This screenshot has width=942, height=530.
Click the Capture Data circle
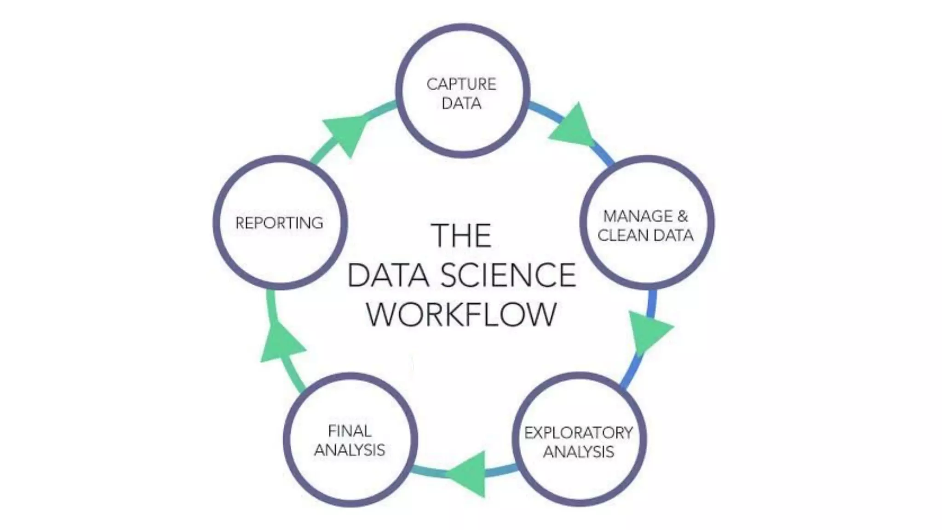tap(462, 91)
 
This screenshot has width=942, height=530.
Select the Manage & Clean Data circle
tap(647, 223)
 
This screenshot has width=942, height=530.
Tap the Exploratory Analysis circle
tap(579, 439)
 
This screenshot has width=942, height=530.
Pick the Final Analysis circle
tap(350, 440)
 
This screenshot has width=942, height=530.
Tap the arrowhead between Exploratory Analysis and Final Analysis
tap(468, 473)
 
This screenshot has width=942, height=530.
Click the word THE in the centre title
tap(461, 236)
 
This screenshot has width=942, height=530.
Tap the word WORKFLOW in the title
tap(461, 314)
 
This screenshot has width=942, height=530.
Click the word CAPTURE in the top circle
tap(461, 84)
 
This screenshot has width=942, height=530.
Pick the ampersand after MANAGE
tap(682, 216)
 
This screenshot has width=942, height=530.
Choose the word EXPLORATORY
tap(579, 432)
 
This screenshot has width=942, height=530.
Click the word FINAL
tap(350, 431)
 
